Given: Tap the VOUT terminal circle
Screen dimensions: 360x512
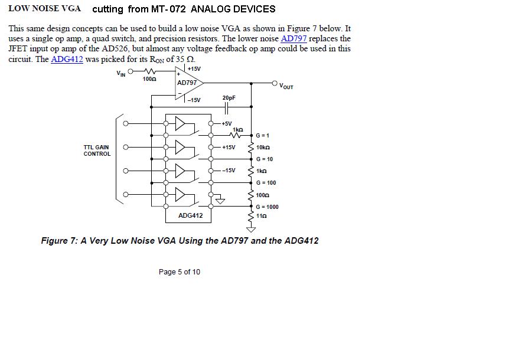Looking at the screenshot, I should pos(275,83).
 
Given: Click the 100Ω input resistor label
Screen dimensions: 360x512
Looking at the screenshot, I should pos(149,79).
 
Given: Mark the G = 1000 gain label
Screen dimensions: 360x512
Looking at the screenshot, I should pos(267,207).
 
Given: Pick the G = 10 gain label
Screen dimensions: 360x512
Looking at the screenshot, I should pos(264,159).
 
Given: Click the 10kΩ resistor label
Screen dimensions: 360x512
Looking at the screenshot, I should pos(263,148).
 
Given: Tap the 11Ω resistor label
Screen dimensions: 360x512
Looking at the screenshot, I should pos(261,216).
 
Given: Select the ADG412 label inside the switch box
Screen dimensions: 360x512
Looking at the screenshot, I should pos(191,215).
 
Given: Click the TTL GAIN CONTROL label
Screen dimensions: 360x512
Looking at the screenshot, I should pos(97,150).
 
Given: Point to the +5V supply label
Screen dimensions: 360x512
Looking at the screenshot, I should pos(227,123).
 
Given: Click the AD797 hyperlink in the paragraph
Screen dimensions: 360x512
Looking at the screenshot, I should pos(293,39).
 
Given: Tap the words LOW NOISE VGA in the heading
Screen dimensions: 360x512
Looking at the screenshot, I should pos(45,9).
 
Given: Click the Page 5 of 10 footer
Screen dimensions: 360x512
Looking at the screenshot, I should pos(180,272).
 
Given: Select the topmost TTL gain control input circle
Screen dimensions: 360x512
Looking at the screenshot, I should pos(126,123).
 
